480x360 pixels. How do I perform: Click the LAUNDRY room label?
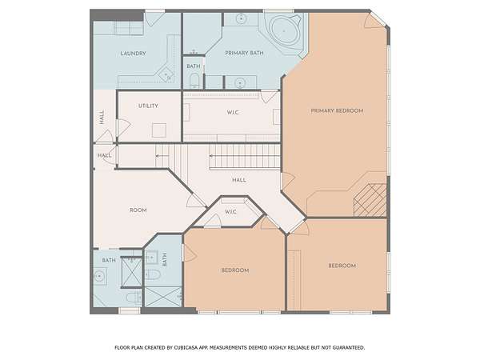(x=133, y=54)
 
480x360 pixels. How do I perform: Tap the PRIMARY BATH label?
(x=244, y=53)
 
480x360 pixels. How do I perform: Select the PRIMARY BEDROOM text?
(x=337, y=110)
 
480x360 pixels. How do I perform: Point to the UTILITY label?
(x=148, y=106)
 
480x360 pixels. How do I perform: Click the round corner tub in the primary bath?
(x=284, y=30)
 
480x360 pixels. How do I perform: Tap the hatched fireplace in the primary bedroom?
(x=370, y=200)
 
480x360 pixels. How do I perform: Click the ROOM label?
(x=138, y=210)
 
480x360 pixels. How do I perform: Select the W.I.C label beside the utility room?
(x=233, y=112)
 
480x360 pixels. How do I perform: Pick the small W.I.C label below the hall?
(x=230, y=211)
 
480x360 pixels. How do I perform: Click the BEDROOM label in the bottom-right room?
(x=342, y=266)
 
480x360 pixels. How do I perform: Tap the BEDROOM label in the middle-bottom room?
(x=235, y=270)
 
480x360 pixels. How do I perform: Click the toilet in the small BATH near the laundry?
(x=194, y=81)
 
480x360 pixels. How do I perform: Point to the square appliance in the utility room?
(x=159, y=130)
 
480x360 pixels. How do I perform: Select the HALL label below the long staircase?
(x=239, y=180)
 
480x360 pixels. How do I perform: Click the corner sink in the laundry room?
(x=166, y=74)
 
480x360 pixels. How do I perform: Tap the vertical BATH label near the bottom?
(x=165, y=259)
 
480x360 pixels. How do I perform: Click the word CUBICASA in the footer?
(x=186, y=347)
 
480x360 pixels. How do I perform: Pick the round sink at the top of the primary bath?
(x=242, y=18)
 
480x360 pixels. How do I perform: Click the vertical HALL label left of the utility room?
(x=102, y=118)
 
